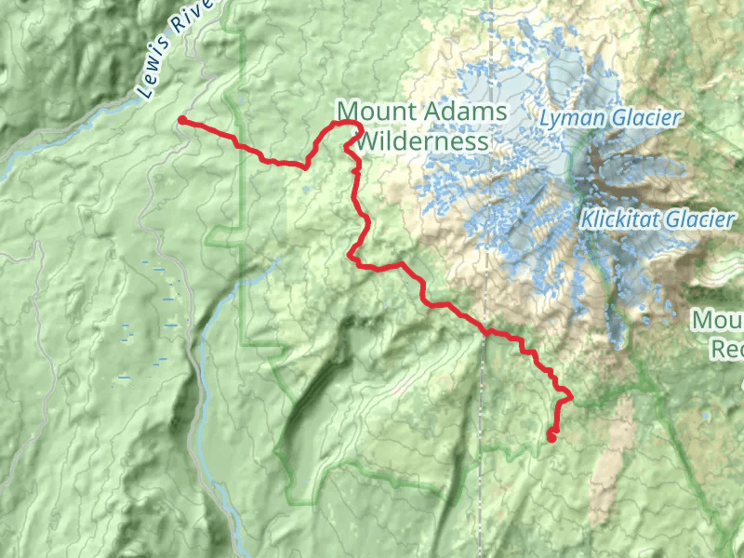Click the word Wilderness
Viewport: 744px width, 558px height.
point(423,141)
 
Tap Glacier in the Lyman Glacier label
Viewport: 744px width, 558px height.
point(647,119)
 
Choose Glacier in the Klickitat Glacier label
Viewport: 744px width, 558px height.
point(699,220)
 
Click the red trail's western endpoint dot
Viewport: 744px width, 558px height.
point(182,120)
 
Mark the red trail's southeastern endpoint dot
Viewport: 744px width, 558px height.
point(551,436)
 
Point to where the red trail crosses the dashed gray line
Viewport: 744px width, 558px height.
point(485,330)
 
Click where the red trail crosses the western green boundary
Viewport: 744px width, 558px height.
point(240,145)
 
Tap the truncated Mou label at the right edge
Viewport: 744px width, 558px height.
point(718,321)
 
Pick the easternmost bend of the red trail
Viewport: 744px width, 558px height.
point(569,398)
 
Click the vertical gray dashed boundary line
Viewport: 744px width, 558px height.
point(484,418)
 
